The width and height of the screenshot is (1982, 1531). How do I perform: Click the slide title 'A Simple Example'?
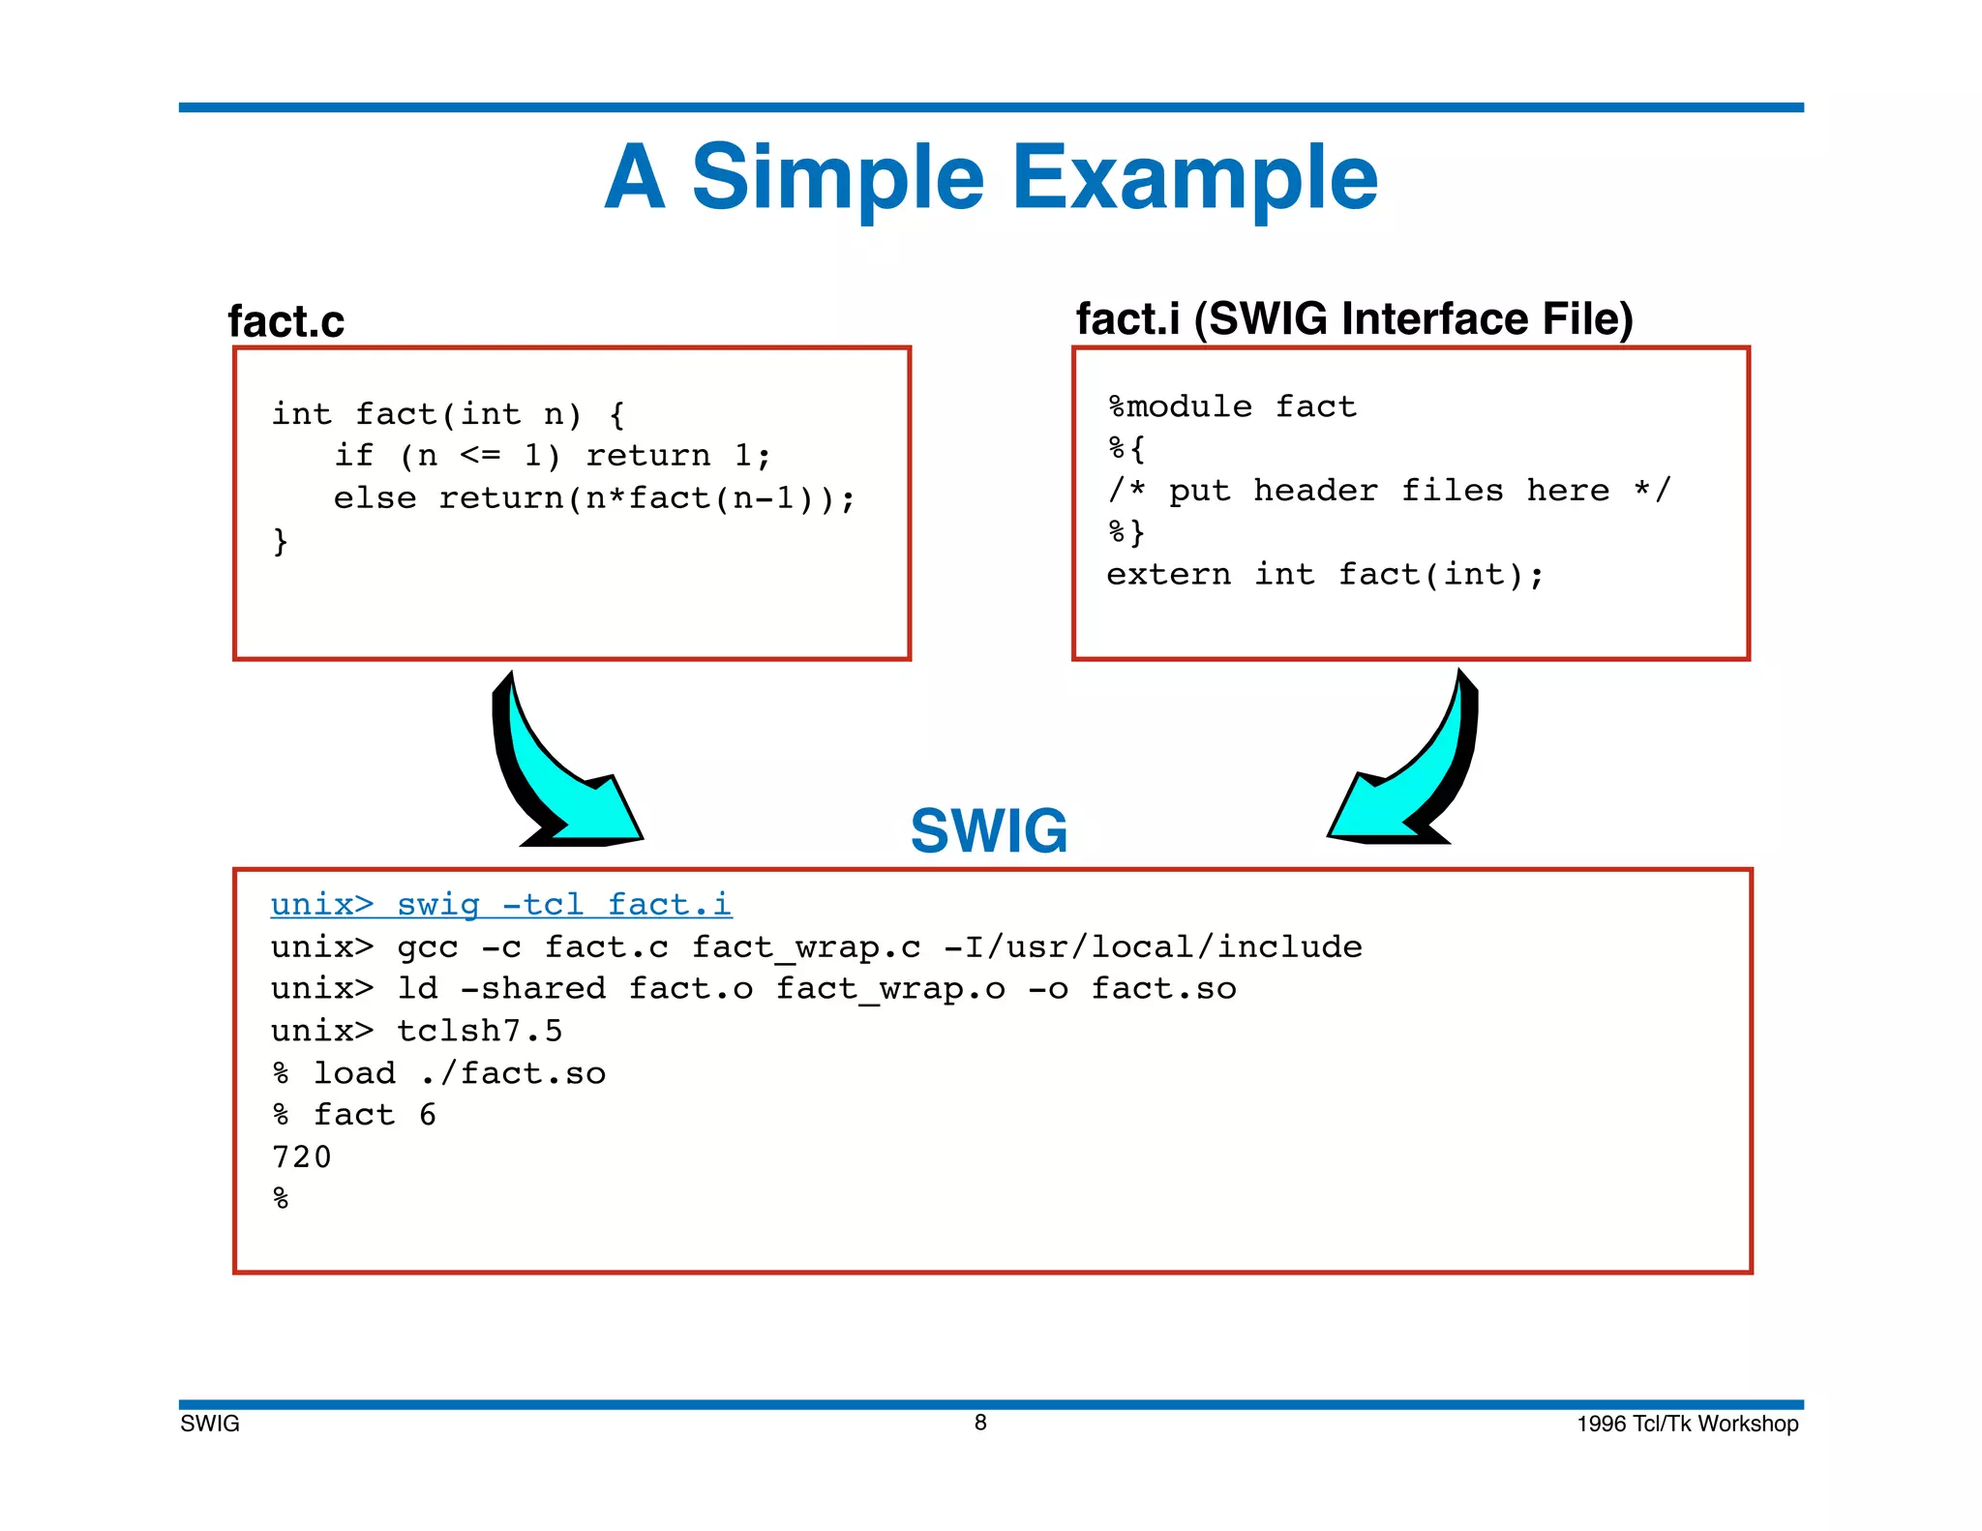click(x=990, y=177)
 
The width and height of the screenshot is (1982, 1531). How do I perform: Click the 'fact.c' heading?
click(x=285, y=321)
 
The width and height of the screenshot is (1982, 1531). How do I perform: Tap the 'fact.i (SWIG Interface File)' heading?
click(x=1354, y=319)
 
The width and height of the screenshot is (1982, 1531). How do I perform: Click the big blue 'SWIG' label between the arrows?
click(x=988, y=831)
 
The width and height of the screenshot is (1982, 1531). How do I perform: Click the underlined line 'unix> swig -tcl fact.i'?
click(x=500, y=905)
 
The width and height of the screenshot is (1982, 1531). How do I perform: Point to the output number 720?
click(x=302, y=1157)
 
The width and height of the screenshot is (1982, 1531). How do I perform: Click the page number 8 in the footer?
click(x=980, y=1423)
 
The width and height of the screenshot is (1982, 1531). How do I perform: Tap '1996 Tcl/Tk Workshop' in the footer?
click(x=1687, y=1424)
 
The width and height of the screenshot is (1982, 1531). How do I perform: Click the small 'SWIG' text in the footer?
click(x=210, y=1424)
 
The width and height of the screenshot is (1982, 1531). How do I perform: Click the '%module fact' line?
click(x=1232, y=406)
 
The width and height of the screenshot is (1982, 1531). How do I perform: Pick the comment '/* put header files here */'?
click(x=1389, y=491)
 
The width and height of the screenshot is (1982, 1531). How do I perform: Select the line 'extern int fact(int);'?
click(x=1325, y=575)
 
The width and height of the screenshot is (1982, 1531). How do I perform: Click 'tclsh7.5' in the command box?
click(x=479, y=1031)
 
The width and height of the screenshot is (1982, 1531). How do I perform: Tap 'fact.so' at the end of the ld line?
click(x=1163, y=989)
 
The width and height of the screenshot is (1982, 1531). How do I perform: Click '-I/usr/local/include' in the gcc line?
click(x=1153, y=946)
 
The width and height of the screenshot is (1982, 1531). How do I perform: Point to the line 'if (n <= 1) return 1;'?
click(x=552, y=456)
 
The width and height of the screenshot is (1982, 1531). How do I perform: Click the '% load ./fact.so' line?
click(x=438, y=1073)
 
